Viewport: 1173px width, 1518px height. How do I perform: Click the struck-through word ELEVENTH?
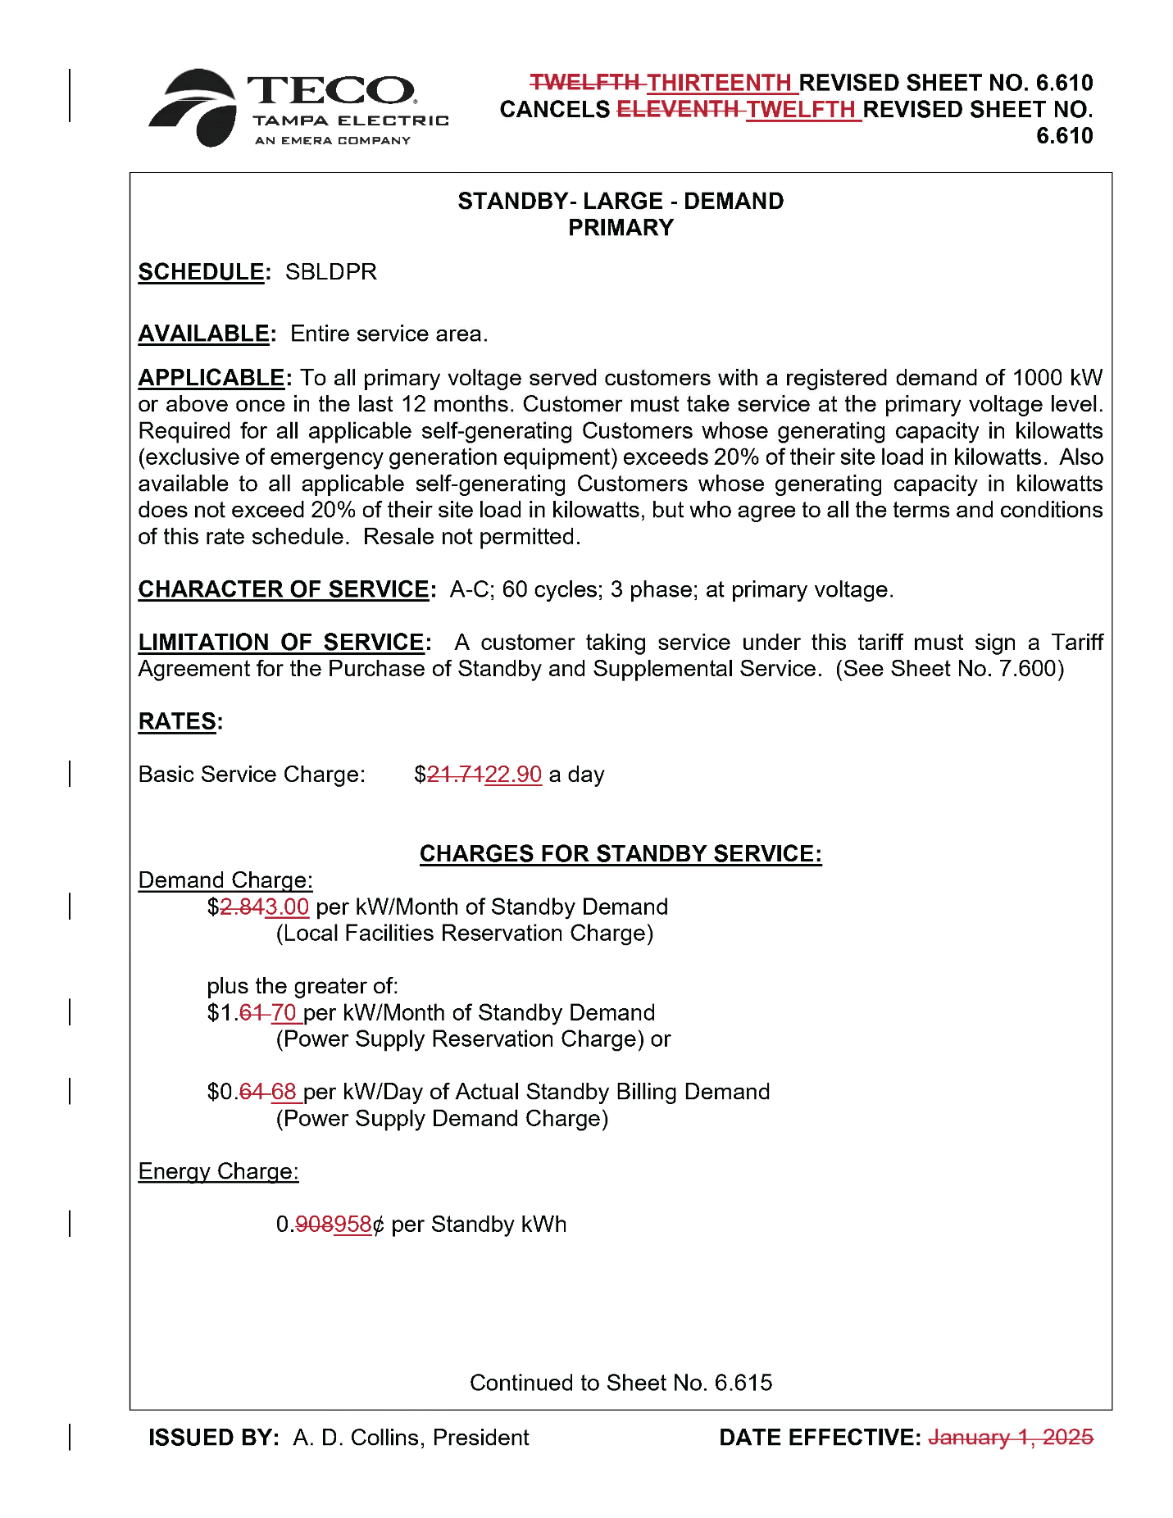tap(677, 110)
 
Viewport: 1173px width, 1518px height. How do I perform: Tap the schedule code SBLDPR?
tap(330, 272)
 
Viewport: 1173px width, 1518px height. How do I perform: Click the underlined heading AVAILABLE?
tap(203, 334)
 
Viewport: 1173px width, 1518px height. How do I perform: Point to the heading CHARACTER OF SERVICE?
tap(284, 590)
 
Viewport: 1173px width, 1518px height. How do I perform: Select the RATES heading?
tap(177, 722)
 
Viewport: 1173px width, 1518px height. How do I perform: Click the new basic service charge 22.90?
tap(513, 775)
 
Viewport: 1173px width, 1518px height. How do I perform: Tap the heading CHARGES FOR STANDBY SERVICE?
tap(621, 854)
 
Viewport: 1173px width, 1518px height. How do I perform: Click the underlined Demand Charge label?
tap(225, 880)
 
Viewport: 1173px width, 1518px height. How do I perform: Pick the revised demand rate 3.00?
tap(287, 907)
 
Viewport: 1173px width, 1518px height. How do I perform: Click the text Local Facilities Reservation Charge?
tap(465, 934)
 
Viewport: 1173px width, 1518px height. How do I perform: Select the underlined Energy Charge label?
tap(218, 1172)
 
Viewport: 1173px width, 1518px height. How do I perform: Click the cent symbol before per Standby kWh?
tap(378, 1225)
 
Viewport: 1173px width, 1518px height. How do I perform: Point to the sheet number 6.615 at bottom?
tap(743, 1384)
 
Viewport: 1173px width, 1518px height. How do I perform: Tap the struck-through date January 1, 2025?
tap(1010, 1438)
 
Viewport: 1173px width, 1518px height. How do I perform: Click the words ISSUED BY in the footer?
tap(213, 1438)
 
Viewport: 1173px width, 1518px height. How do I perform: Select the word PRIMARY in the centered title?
tap(621, 229)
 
